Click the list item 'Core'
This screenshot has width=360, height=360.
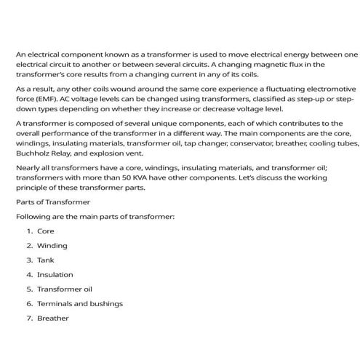point(46,231)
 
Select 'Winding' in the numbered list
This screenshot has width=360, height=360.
point(52,245)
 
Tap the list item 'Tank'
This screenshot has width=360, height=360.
point(45,260)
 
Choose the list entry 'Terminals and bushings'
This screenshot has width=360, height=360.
point(79,303)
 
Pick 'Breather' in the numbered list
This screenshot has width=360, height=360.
point(53,318)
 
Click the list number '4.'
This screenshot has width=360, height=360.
point(30,274)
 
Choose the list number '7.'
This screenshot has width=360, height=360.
point(30,318)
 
